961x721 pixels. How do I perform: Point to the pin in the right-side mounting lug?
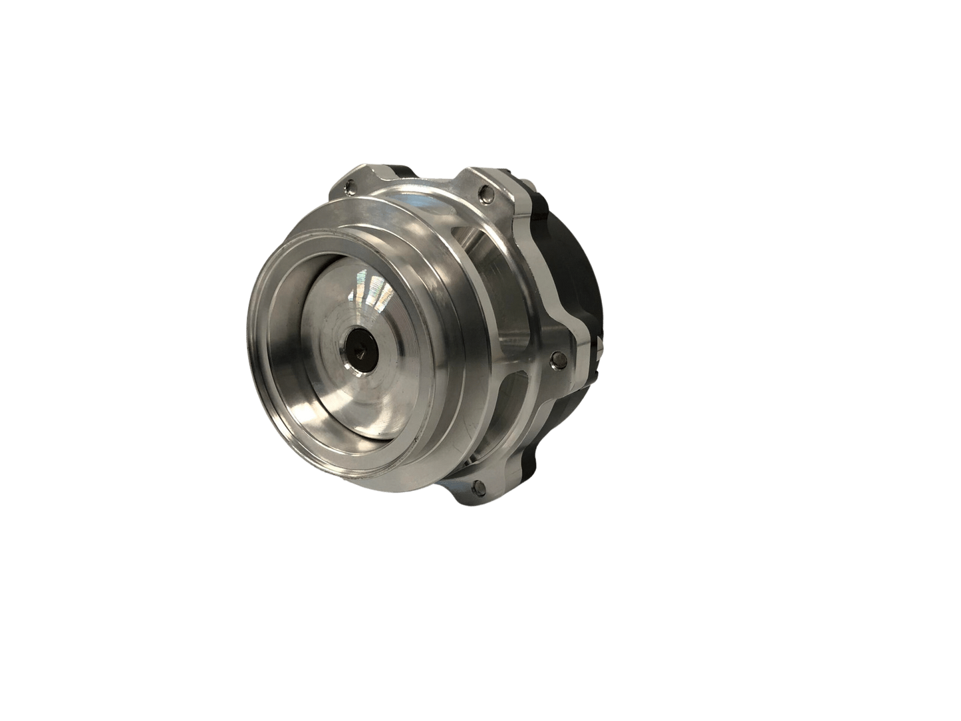(x=557, y=360)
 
